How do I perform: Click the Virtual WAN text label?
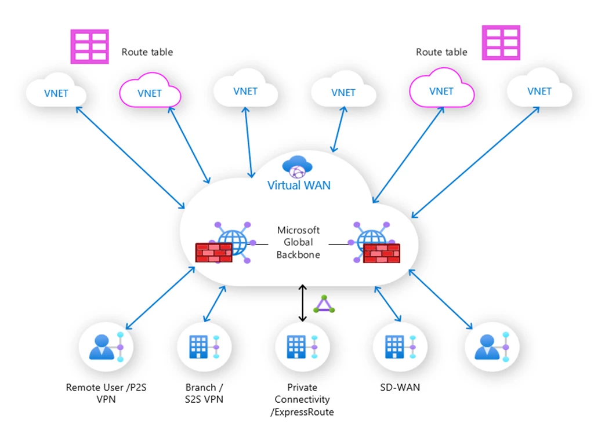(x=299, y=185)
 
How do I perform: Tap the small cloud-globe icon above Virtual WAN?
(x=297, y=167)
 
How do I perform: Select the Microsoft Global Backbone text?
(x=298, y=243)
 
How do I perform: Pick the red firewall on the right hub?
(x=381, y=253)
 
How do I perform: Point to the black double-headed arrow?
(x=302, y=303)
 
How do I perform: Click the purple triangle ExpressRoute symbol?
(x=324, y=304)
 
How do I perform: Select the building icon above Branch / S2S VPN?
(x=199, y=347)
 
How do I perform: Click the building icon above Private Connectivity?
(x=297, y=347)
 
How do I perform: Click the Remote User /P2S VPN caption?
(x=106, y=393)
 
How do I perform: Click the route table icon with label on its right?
(x=90, y=46)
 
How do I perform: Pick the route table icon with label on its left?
(x=501, y=42)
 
